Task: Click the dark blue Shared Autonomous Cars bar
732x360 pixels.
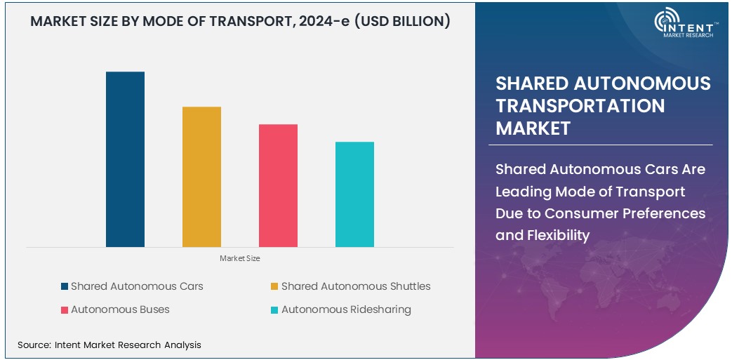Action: click(x=125, y=159)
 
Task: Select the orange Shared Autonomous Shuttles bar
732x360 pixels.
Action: click(x=201, y=177)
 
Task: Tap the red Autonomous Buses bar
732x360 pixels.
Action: click(x=278, y=185)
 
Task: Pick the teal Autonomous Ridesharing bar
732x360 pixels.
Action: click(x=354, y=194)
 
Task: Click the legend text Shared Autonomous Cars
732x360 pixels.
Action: click(x=137, y=286)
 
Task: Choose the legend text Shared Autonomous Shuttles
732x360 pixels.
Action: click(x=356, y=286)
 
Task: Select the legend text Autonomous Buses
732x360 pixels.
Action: click(x=120, y=309)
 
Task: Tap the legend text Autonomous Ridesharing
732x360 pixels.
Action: click(x=346, y=309)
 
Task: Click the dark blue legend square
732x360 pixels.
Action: click(x=65, y=286)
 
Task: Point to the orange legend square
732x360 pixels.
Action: click(x=275, y=286)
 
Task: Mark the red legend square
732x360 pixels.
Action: click(x=65, y=309)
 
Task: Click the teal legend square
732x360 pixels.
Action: click(x=275, y=309)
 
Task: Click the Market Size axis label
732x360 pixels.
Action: click(x=240, y=259)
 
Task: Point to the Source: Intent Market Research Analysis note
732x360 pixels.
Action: click(x=109, y=345)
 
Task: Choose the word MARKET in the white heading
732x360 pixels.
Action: click(x=533, y=128)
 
